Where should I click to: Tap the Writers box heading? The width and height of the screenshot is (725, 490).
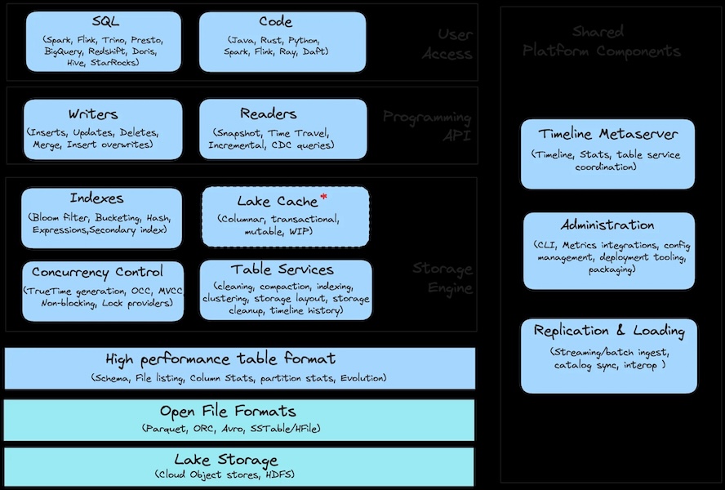coord(93,114)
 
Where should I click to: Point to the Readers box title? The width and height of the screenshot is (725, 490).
coord(269,114)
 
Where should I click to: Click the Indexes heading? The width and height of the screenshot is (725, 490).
coord(96,198)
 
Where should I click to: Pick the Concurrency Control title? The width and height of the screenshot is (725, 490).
coord(97,272)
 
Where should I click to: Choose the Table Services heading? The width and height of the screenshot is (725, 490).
coord(282,269)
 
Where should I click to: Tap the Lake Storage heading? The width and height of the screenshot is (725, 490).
coord(226,460)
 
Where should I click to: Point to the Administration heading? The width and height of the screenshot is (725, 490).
coord(607,225)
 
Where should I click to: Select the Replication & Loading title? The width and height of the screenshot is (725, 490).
coord(609,331)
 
